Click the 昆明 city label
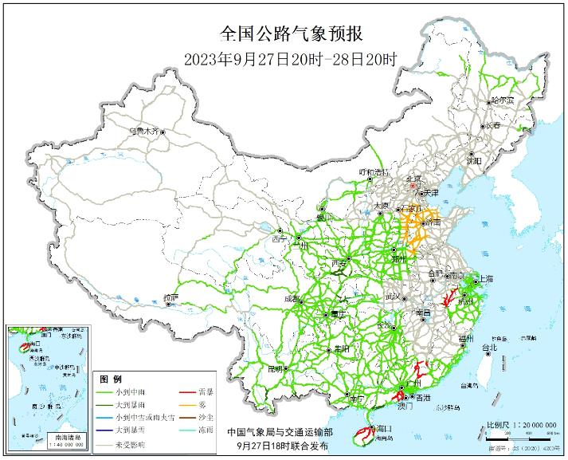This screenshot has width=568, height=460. point(276,368)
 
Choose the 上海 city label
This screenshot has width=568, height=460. point(483,279)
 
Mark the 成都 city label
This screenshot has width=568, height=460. point(292,300)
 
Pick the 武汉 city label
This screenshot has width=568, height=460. point(393,296)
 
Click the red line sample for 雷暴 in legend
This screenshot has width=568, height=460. point(190,392)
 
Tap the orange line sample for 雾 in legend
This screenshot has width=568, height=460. point(190,404)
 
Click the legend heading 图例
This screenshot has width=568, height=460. point(111,379)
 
